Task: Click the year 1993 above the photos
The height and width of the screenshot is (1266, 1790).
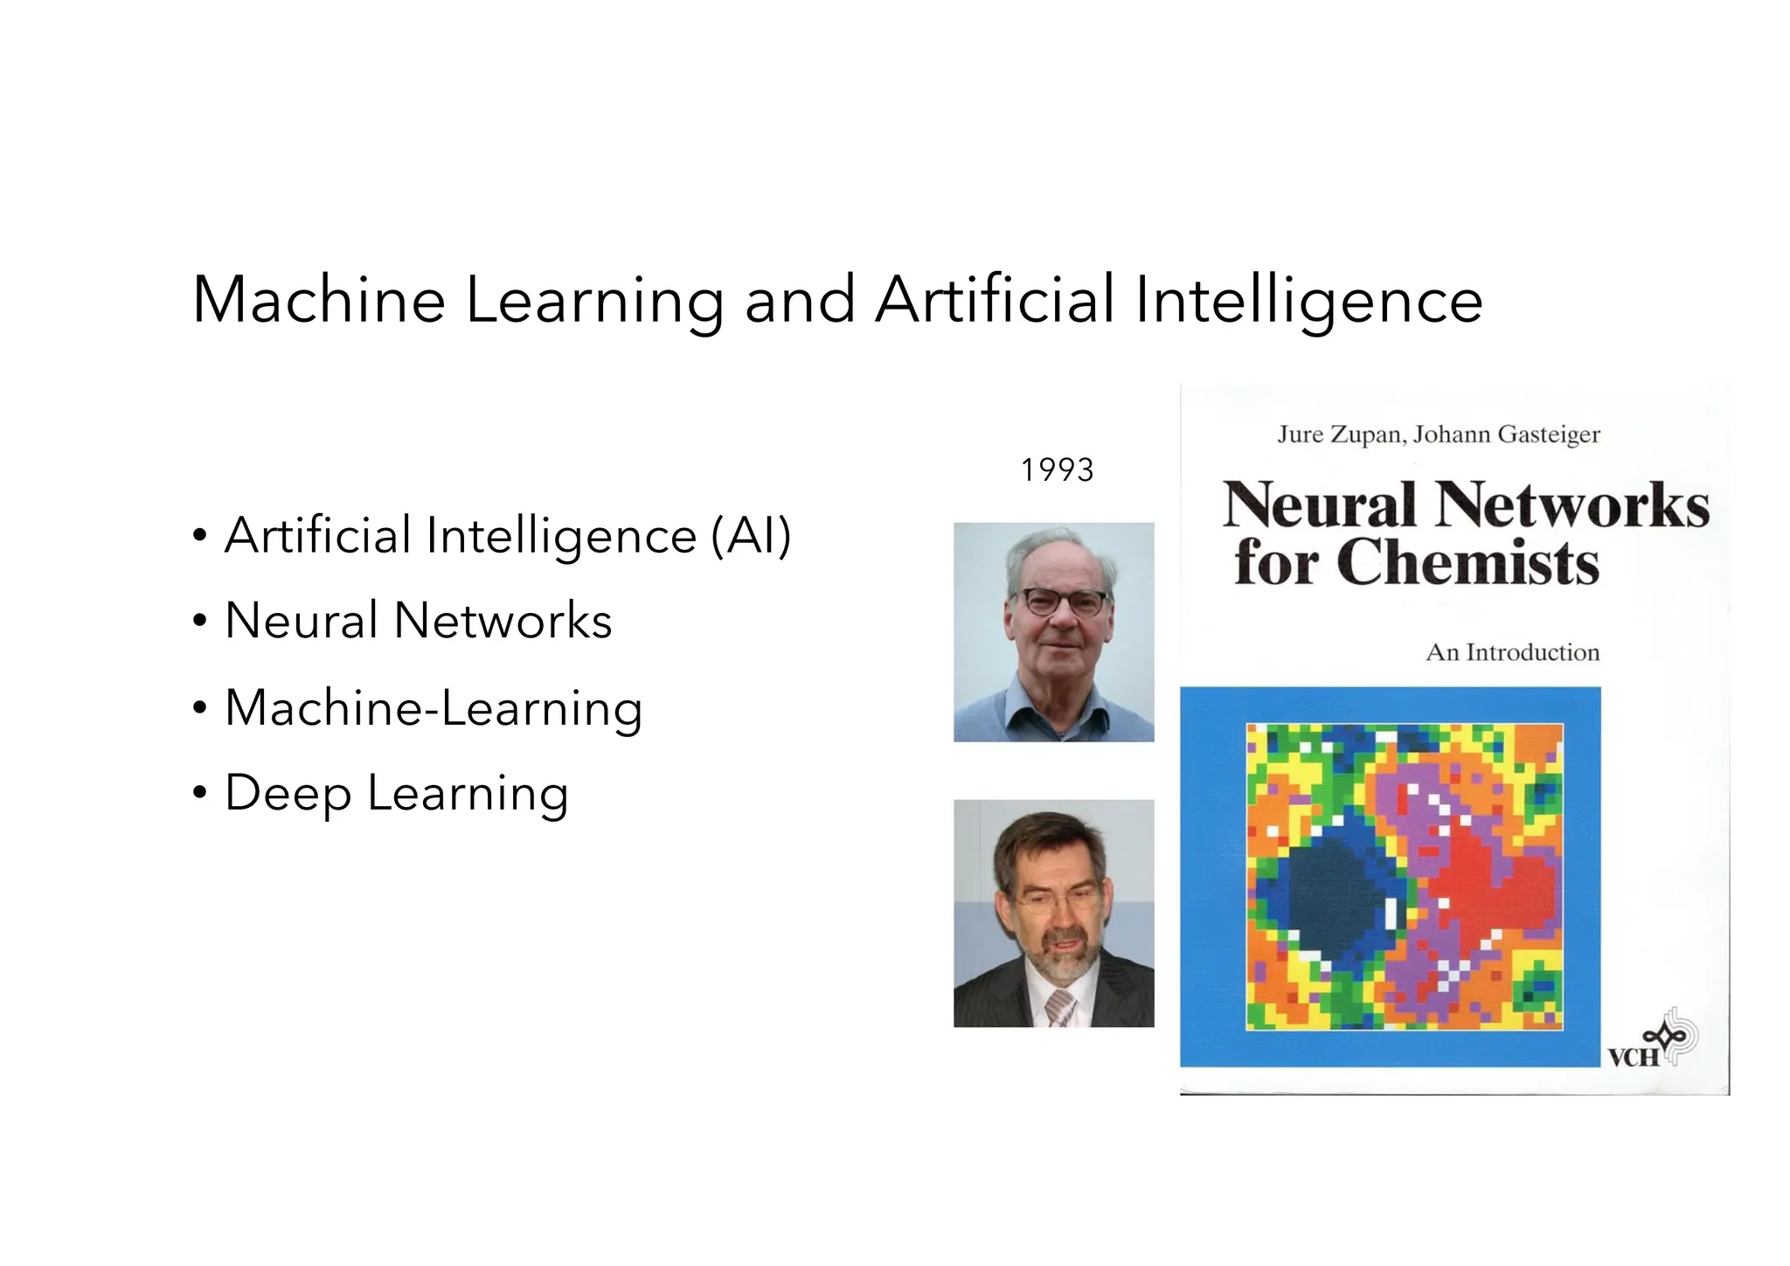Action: [x=1057, y=470]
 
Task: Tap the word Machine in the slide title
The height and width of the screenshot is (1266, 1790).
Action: [x=318, y=300]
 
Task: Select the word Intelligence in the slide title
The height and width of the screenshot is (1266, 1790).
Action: [x=1308, y=300]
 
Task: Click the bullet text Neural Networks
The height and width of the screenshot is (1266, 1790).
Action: [x=418, y=621]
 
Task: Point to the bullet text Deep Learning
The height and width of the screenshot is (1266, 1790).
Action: [x=396, y=793]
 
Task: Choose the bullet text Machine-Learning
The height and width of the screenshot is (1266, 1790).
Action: [x=434, y=707]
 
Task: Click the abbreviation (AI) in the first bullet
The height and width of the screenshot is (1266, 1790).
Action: [x=751, y=535]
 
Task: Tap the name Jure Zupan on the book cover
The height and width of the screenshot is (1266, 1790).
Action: [x=1340, y=435]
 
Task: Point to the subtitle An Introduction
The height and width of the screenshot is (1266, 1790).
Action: [x=1512, y=652]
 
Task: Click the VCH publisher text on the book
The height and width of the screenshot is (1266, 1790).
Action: [x=1633, y=1058]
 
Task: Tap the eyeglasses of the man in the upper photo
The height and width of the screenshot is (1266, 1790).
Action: [x=1062, y=602]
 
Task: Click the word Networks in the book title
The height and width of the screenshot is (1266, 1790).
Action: [x=1571, y=505]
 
